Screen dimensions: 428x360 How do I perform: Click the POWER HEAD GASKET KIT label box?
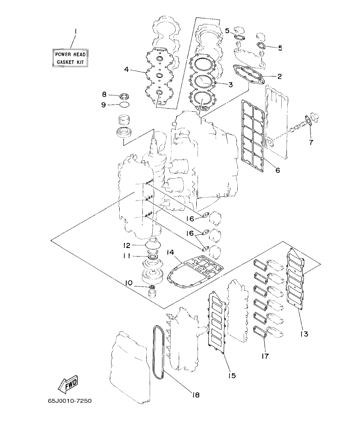pos(71,58)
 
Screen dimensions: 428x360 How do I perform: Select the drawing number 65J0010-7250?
pos(70,401)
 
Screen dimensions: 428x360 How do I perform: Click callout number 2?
pos(279,77)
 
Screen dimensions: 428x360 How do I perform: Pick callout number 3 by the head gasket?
pos(230,85)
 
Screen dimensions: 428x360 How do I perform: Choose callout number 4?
pos(127,69)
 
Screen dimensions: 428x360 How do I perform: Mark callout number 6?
pos(277,170)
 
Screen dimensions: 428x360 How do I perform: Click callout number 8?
pos(104,94)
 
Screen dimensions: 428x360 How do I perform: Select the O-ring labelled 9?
pos(124,104)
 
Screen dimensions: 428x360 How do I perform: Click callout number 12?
pos(127,245)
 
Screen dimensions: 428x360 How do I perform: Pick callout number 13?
pos(304,333)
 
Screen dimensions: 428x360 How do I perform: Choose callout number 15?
pos(231,375)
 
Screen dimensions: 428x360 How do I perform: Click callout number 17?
pos(265,356)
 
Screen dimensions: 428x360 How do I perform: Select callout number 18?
pos(196,395)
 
